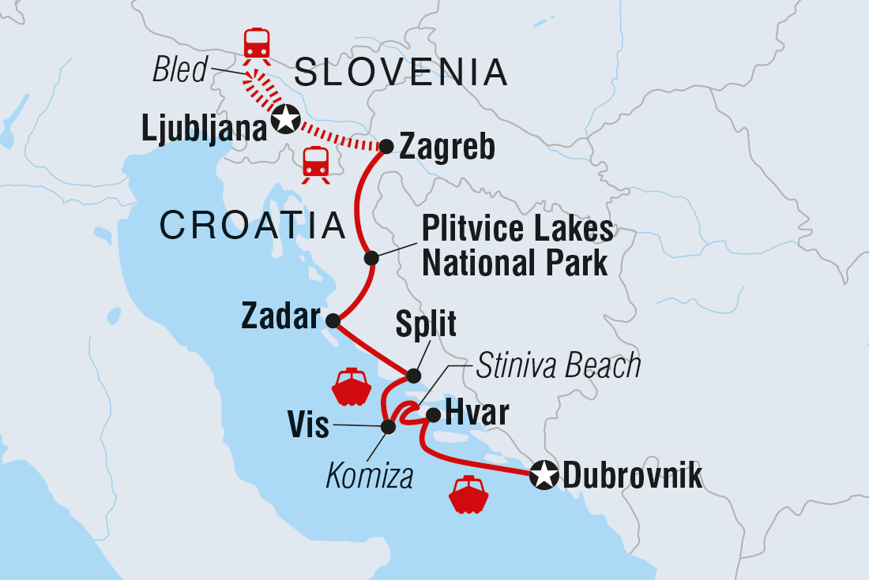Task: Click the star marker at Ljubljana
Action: pyautogui.click(x=285, y=120)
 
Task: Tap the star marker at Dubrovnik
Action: pyautogui.click(x=544, y=476)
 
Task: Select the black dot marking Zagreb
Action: pyautogui.click(x=386, y=147)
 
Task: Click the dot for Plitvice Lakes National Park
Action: pyautogui.click(x=371, y=258)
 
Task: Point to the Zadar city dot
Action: pyautogui.click(x=333, y=320)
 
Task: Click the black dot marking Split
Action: pyautogui.click(x=413, y=375)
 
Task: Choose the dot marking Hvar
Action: pyautogui.click(x=433, y=413)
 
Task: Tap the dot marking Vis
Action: pyautogui.click(x=388, y=427)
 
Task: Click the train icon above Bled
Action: pyautogui.click(x=257, y=45)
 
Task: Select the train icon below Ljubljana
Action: pyautogui.click(x=316, y=163)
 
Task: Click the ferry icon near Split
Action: pyautogui.click(x=351, y=387)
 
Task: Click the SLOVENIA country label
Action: pyautogui.click(x=401, y=73)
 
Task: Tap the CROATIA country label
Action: pyautogui.click(x=253, y=226)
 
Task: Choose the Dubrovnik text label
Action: pyautogui.click(x=631, y=477)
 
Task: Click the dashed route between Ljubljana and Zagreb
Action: pyautogui.click(x=340, y=136)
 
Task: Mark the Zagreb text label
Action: pyautogui.click(x=447, y=148)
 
